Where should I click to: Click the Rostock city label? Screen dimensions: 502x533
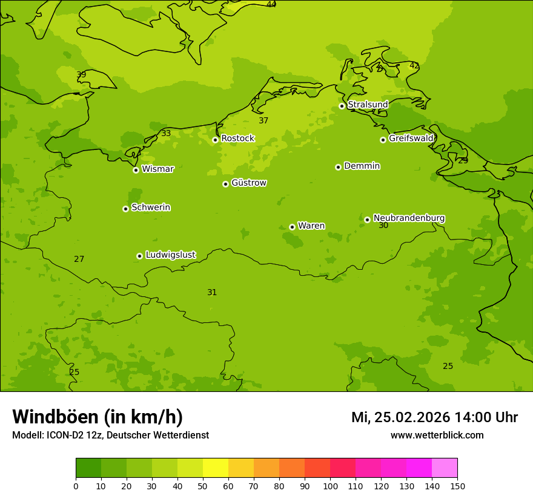pos(237,139)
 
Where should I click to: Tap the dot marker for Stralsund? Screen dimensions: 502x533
pos(342,106)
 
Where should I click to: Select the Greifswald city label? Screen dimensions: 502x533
pos(411,139)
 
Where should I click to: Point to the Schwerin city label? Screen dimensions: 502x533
pos(151,207)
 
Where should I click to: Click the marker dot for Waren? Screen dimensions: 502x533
pos(292,227)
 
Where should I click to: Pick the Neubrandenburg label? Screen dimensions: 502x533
pos(409,218)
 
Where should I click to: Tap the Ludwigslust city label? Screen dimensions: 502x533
pos(170,255)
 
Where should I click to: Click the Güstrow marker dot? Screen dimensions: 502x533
pos(225,184)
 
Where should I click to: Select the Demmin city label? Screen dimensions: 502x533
pos(362,166)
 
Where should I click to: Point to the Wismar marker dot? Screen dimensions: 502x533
pos(136,170)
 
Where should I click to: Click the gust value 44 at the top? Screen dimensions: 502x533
pos(271,5)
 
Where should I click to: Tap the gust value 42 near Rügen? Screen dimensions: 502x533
pos(414,65)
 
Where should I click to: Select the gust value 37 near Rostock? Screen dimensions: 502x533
pos(263,120)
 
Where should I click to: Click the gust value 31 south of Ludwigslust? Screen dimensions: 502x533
pos(212,292)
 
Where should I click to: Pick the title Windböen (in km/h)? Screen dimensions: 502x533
pos(98,417)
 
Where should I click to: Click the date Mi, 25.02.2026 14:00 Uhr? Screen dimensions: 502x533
pos(434,417)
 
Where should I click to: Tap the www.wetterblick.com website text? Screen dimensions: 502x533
pos(437,435)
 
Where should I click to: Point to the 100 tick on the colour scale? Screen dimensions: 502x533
pos(330,486)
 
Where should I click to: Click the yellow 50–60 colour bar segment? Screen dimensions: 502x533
pos(216,468)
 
